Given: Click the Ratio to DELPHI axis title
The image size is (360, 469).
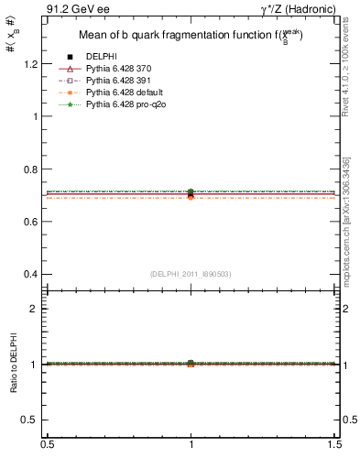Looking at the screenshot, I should pyautogui.click(x=14, y=365).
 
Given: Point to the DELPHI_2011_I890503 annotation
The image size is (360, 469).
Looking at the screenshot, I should pyautogui.click(x=191, y=274).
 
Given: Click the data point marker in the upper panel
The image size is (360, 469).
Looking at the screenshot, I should pyautogui.click(x=191, y=193).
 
